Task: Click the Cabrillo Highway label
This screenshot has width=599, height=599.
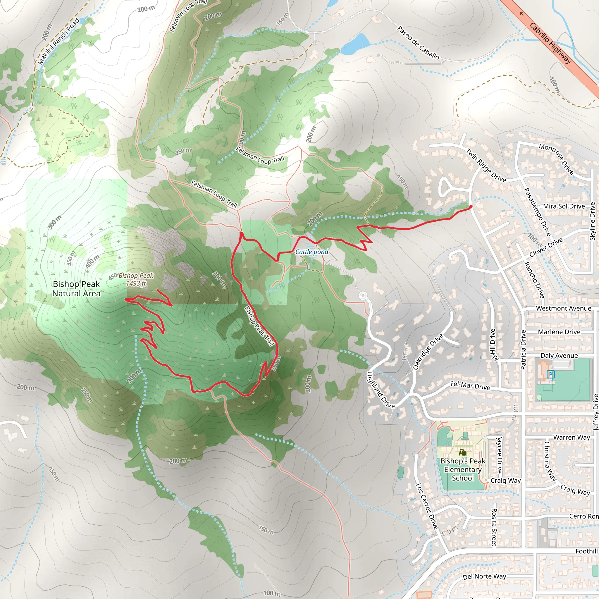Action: [550, 43]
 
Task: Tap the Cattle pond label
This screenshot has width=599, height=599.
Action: [311, 252]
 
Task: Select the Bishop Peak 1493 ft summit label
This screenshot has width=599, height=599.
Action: [136, 279]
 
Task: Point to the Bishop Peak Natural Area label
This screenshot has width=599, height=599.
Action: [76, 289]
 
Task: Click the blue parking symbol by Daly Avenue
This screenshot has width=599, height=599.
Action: [550, 374]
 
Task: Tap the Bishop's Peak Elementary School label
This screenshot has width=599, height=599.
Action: [463, 469]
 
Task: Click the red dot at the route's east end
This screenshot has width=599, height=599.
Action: [471, 206]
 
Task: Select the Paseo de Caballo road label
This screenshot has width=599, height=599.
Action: [418, 43]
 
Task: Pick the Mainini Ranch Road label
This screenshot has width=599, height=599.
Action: [58, 41]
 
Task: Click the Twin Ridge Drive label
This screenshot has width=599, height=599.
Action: [486, 165]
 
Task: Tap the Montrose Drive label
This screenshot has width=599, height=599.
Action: [556, 159]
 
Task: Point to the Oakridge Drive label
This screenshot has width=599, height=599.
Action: [428, 352]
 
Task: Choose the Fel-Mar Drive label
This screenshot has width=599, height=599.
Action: [470, 386]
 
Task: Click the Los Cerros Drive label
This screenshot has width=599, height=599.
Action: [427, 506]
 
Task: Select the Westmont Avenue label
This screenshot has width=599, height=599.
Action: [563, 308]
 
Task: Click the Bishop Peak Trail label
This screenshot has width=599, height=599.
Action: [259, 326]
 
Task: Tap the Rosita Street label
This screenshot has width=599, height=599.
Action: [494, 527]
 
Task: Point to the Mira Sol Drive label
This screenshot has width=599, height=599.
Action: [564, 206]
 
